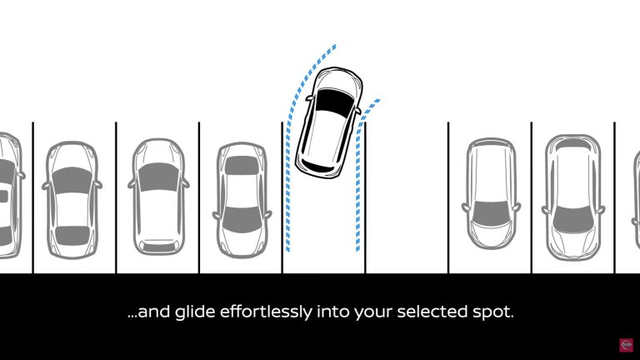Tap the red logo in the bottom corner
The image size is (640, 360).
(x=626, y=344)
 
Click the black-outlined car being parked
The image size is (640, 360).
(x=330, y=123)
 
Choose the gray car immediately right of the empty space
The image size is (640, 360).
(x=489, y=193)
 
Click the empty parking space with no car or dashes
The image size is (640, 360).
(x=406, y=200)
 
